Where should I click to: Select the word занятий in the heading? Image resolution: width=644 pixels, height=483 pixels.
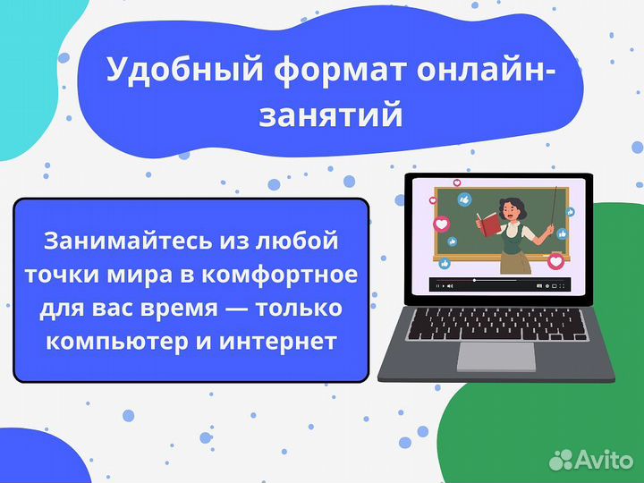coord(331,116)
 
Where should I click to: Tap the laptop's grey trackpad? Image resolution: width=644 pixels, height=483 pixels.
coord(496,355)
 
